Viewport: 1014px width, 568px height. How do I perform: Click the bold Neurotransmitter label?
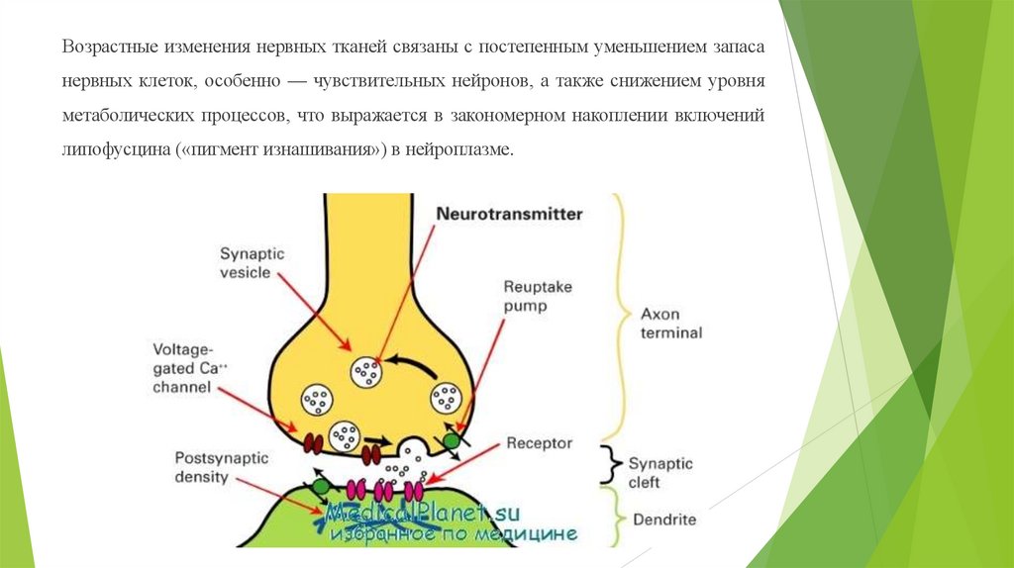pos(510,214)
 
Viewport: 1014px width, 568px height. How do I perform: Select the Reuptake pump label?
pos(538,297)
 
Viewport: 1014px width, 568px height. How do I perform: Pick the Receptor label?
pos(539,443)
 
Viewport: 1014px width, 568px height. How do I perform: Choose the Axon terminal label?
pos(670,323)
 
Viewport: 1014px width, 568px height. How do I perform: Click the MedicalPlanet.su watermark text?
pos(426,514)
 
